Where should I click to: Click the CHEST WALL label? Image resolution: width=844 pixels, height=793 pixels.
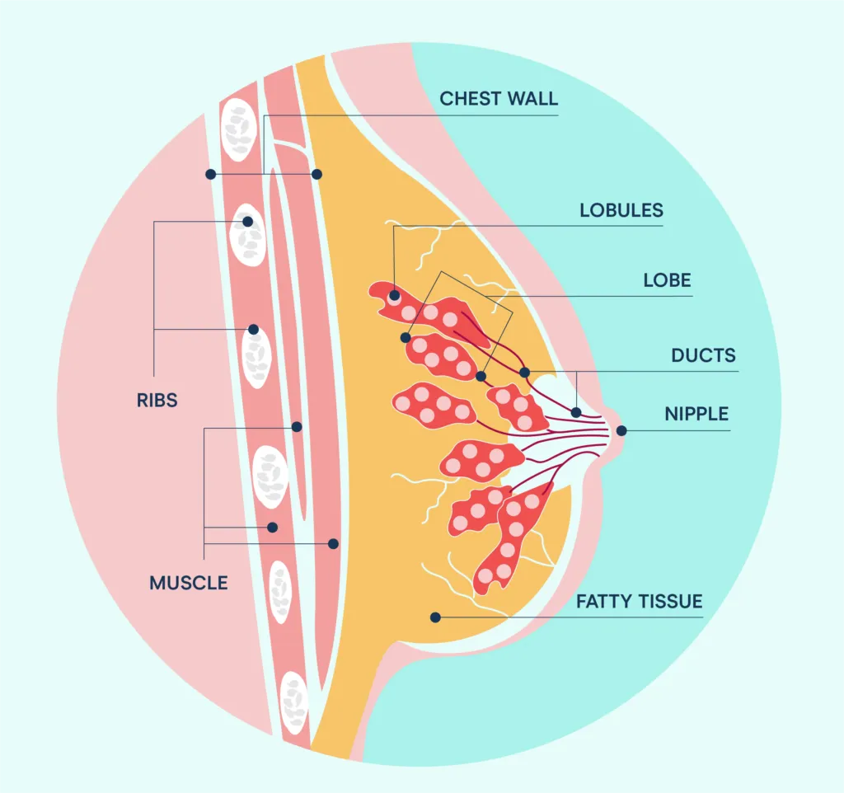click(498, 99)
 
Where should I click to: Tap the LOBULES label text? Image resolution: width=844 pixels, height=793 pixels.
click(621, 210)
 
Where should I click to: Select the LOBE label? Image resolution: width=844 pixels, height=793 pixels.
click(667, 280)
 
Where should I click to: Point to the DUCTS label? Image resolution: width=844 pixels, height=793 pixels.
click(702, 356)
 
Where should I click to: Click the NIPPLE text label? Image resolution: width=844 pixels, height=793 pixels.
click(696, 412)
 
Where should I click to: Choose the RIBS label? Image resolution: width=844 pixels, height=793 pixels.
click(157, 401)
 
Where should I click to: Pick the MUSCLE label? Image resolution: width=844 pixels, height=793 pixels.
click(188, 583)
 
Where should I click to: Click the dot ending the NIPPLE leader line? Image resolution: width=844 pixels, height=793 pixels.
click(621, 429)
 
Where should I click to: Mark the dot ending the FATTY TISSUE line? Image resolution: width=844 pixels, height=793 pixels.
click(435, 617)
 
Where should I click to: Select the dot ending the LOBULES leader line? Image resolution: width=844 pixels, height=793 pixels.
click(395, 294)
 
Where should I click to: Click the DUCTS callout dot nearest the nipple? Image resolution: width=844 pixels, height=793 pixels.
click(576, 412)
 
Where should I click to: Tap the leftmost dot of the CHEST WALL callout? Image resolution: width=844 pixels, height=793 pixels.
click(211, 174)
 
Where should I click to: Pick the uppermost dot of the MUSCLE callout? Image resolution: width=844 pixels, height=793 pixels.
click(297, 427)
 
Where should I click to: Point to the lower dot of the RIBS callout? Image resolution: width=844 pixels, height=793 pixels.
click(254, 329)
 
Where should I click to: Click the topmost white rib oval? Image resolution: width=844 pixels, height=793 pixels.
click(240, 131)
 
